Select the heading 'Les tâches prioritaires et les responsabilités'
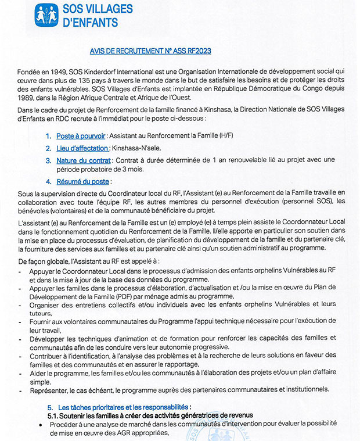click(x=124, y=407)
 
